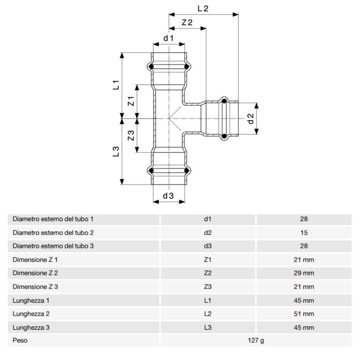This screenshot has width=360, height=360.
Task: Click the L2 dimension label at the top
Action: [203, 8]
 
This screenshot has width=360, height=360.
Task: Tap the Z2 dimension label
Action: [187, 22]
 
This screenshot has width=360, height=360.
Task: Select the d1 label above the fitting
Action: [169, 38]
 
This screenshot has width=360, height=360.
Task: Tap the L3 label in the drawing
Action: [116, 151]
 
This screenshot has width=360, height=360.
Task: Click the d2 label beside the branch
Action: [251, 119]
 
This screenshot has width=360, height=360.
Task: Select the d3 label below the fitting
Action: [169, 196]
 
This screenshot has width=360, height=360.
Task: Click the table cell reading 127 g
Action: [256, 340]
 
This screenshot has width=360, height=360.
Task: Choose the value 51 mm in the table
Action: [304, 314]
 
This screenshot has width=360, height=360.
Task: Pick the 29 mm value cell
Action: [304, 273]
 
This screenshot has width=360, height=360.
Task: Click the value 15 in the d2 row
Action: [304, 233]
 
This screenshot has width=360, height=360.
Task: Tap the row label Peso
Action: [20, 340]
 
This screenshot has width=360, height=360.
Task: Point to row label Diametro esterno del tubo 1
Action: [53, 219]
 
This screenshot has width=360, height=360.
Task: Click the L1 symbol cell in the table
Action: [208, 300]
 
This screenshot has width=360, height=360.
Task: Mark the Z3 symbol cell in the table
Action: [208, 287]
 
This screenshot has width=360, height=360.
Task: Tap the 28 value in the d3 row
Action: [304, 246]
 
